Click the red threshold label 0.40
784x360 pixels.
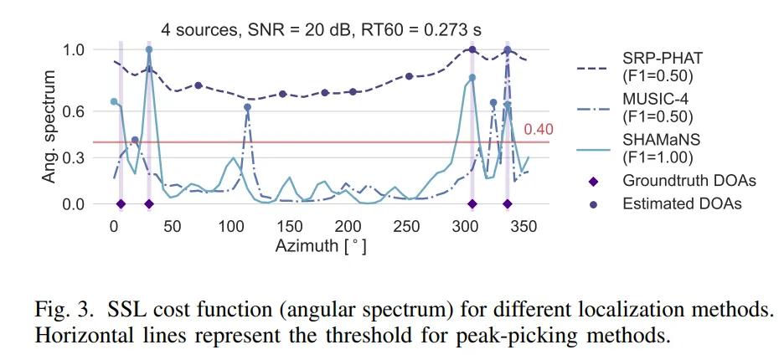point(539,129)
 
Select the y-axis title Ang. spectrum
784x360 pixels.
point(50,126)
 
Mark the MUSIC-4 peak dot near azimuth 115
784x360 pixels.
point(248,107)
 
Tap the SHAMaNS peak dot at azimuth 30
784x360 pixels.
point(149,49)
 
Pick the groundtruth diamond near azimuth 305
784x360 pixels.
point(472,203)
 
